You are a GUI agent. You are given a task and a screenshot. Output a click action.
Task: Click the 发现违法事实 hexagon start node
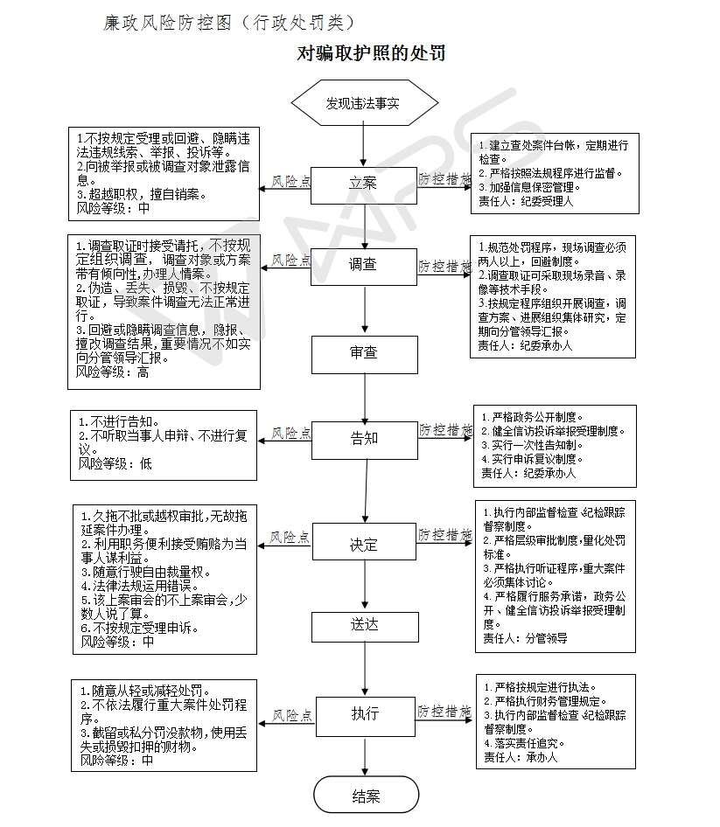pyautogui.click(x=364, y=103)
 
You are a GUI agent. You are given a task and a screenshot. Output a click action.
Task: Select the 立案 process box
pyautogui.click(x=363, y=184)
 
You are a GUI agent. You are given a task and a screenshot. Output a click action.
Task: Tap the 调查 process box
pyautogui.click(x=363, y=264)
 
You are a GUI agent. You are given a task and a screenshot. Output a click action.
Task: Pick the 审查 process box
pyautogui.click(x=363, y=353)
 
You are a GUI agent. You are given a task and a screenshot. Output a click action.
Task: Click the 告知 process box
pyautogui.click(x=363, y=438)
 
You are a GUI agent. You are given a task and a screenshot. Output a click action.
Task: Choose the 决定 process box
pyautogui.click(x=363, y=545)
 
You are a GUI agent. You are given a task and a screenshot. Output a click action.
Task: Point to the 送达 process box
pyautogui.click(x=363, y=625)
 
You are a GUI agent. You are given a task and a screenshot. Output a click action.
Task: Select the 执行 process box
pyautogui.click(x=363, y=713)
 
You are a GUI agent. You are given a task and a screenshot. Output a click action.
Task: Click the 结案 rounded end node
pyautogui.click(x=365, y=796)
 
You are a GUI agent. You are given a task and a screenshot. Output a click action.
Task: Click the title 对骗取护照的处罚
pyautogui.click(x=372, y=54)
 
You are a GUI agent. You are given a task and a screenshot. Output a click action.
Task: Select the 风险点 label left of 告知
pyautogui.click(x=291, y=433)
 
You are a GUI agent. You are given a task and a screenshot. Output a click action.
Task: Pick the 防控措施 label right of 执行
pyautogui.click(x=444, y=711)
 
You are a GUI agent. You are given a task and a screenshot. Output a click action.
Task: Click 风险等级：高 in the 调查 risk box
pyautogui.click(x=113, y=372)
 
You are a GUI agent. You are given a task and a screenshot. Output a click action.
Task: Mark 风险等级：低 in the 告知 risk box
pyautogui.click(x=115, y=463)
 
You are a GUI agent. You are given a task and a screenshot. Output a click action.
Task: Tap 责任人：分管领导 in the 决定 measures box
pyautogui.click(x=525, y=638)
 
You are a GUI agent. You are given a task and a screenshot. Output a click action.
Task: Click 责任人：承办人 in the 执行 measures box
pyautogui.click(x=520, y=757)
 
